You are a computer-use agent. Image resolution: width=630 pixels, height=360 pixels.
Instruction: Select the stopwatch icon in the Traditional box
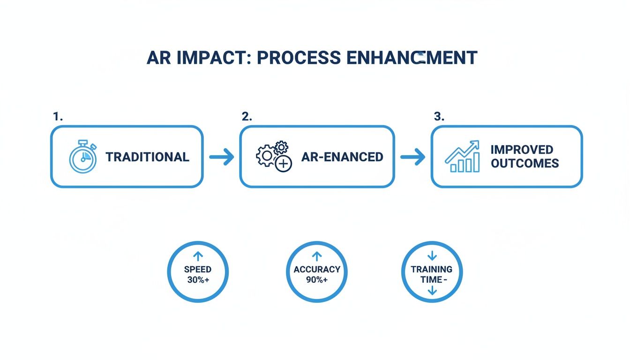83,157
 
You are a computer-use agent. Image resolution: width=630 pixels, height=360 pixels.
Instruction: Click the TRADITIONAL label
147,157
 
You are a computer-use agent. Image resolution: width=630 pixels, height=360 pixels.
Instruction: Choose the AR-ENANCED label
342,157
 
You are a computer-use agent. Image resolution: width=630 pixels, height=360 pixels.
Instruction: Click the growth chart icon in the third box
462,157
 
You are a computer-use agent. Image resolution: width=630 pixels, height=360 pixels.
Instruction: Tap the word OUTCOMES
525,163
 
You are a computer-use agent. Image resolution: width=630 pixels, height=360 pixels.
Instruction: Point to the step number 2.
247,117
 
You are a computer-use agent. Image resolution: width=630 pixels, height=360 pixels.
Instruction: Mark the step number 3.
439,117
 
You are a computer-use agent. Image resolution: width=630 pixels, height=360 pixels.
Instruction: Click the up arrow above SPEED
198,256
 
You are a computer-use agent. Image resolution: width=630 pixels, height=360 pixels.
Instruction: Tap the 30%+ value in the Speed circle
198,280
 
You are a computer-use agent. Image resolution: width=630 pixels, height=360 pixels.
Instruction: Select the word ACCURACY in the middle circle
317,270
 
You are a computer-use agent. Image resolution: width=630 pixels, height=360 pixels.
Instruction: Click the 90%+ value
317,280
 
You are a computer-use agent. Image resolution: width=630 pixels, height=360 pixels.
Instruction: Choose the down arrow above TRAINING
432,256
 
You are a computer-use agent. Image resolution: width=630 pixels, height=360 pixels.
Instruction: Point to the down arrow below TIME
432,291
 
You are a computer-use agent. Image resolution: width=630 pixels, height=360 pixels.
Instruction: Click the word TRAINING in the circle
432,270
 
